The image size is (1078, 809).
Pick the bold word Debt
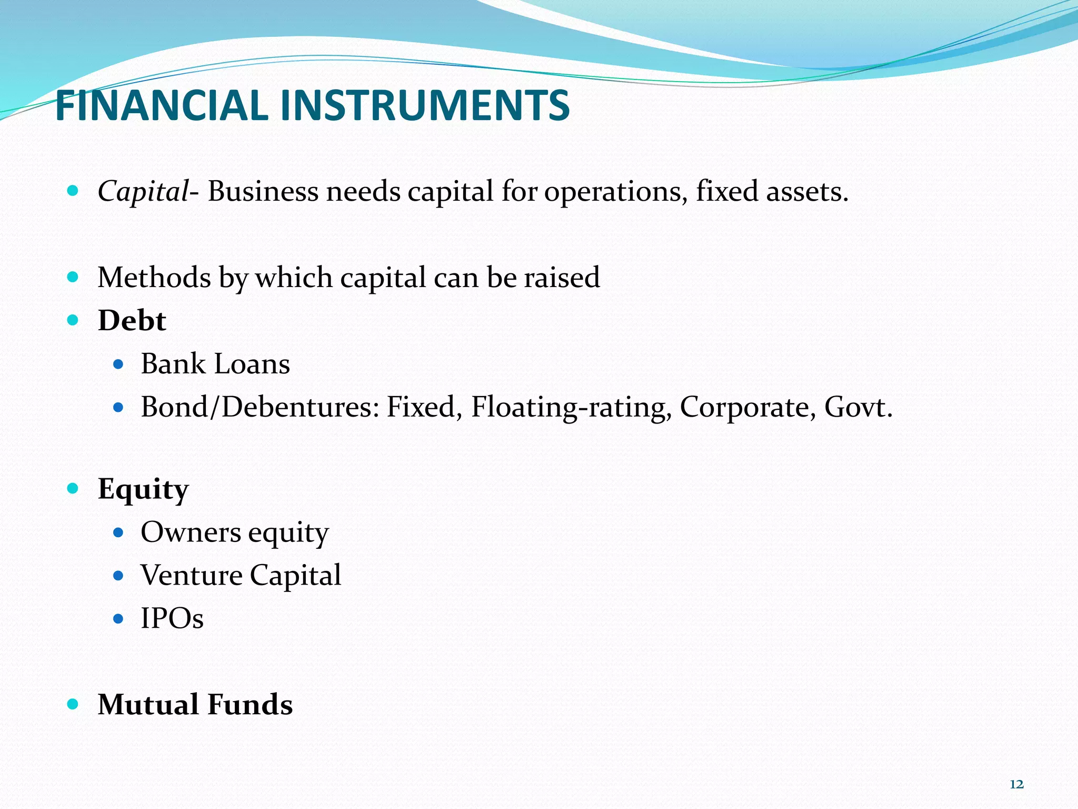[x=132, y=320]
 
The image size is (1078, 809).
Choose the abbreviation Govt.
[x=859, y=407]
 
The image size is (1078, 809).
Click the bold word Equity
[x=143, y=490]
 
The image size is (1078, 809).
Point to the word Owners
[x=191, y=532]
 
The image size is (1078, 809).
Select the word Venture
[x=192, y=575]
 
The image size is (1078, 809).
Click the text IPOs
[x=172, y=618]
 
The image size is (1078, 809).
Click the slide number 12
[x=1016, y=785]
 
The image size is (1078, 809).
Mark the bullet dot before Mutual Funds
[x=73, y=704]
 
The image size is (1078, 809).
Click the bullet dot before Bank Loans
[x=118, y=364]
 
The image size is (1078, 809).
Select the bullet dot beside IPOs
[x=118, y=618]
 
